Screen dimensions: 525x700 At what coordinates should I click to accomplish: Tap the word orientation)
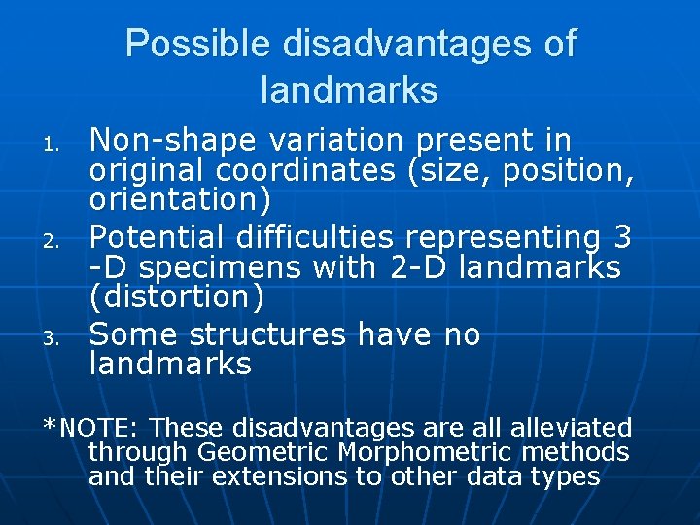click(180, 201)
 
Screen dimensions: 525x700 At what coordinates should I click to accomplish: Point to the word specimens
click(255, 266)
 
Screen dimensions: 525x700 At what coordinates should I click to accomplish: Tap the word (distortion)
click(176, 296)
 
